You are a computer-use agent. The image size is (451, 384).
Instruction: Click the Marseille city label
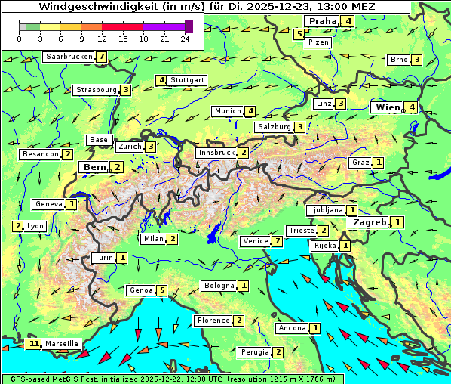click(x=61, y=344)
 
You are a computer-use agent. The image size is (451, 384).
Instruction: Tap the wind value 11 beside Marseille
click(x=33, y=344)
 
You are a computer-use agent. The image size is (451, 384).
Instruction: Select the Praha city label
click(x=322, y=21)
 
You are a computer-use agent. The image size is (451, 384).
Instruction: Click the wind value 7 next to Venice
click(x=278, y=241)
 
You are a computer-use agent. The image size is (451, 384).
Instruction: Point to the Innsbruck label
click(x=216, y=153)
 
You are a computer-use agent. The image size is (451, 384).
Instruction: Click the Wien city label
click(x=387, y=107)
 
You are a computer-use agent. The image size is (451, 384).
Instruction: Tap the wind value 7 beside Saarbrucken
click(x=101, y=57)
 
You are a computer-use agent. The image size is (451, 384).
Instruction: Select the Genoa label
click(x=141, y=290)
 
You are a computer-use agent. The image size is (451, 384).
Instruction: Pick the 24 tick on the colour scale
click(x=185, y=39)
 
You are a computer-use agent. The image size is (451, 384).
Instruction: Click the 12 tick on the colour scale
click(x=102, y=39)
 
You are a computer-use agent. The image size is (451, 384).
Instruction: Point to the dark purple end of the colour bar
click(x=189, y=26)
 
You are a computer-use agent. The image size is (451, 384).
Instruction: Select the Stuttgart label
click(x=188, y=80)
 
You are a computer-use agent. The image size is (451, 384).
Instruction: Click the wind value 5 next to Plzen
click(x=299, y=33)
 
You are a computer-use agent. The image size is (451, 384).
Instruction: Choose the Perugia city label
click(x=254, y=352)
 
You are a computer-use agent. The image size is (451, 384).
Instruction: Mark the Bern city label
click(x=95, y=167)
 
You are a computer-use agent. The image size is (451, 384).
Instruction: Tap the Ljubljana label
click(x=326, y=210)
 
